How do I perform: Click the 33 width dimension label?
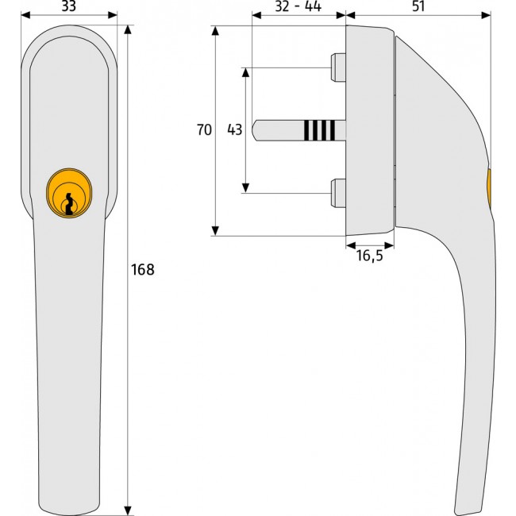point(69,6)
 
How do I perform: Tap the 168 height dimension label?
point(142,270)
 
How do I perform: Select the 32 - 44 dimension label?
point(298,6)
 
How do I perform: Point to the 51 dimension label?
point(418,6)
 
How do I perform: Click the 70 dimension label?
point(204,129)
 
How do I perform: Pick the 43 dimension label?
point(235,129)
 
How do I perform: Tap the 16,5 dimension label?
point(370,256)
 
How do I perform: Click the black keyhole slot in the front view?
point(69,204)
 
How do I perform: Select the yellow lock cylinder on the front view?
point(69,193)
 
